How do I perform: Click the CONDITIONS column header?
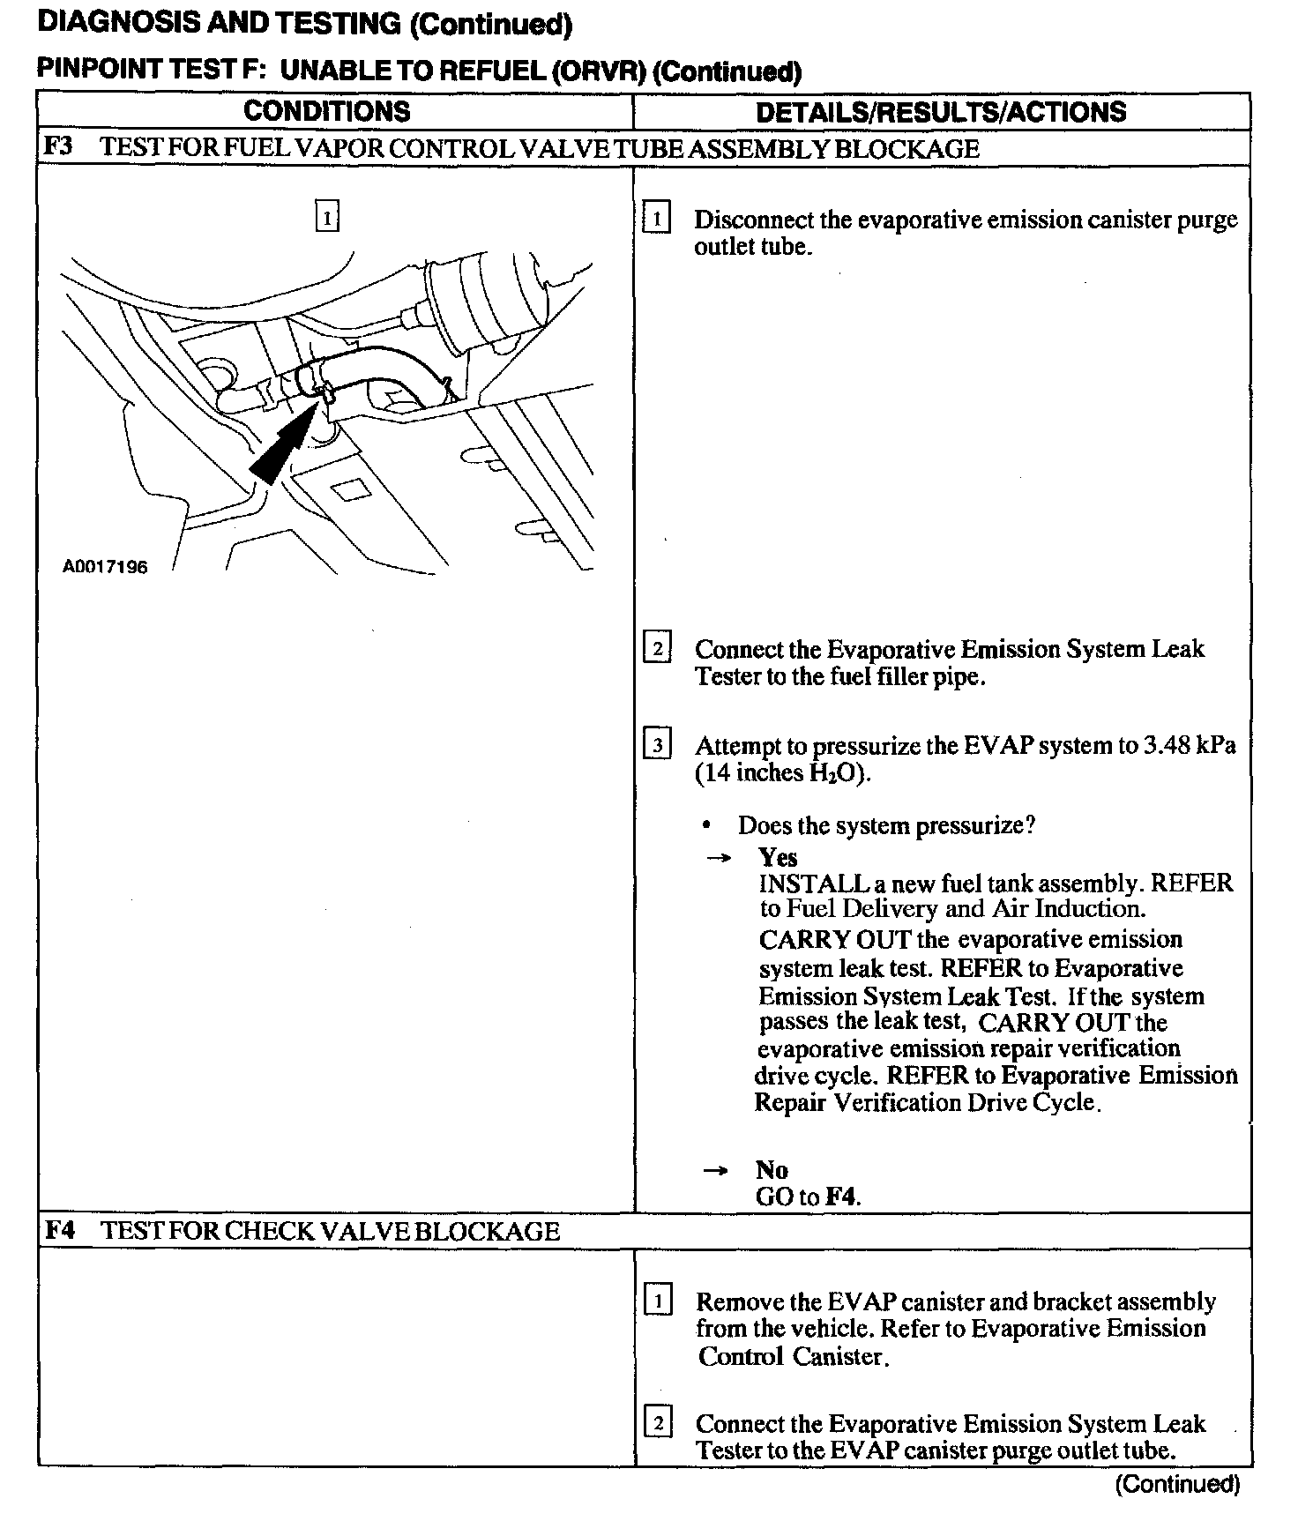pos(326,111)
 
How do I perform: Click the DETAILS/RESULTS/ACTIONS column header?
pos(941,112)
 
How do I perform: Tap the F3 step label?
pos(58,147)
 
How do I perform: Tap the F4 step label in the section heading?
pos(59,1230)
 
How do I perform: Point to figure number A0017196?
pos(105,567)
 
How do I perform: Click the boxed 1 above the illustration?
pos(326,216)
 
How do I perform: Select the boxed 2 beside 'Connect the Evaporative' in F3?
pos(657,649)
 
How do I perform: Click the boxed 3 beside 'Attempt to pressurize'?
pos(657,745)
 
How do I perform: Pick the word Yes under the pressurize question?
pos(778,857)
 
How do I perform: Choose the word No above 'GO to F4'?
pos(772,1170)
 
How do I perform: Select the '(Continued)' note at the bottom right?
pos(1177,1485)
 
